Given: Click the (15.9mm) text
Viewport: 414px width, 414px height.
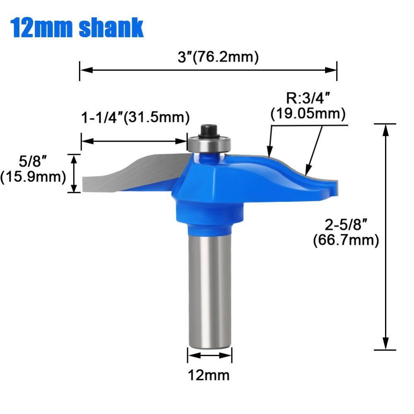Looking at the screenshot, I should pos(33,177).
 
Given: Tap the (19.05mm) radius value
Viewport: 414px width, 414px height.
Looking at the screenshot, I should pos(308,113).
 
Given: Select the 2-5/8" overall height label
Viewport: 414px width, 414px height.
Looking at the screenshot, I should pos(346,226).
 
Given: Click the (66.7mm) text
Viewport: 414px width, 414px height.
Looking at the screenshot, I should pos(346,240).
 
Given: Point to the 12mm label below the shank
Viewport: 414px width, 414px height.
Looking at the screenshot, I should pos(209,375).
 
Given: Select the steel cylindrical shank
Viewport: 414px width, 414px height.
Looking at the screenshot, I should pos(209,290).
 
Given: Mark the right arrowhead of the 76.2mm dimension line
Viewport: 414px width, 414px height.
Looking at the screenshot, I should pos(332,70).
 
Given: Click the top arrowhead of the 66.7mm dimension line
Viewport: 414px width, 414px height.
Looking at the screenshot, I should pos(385,129).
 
